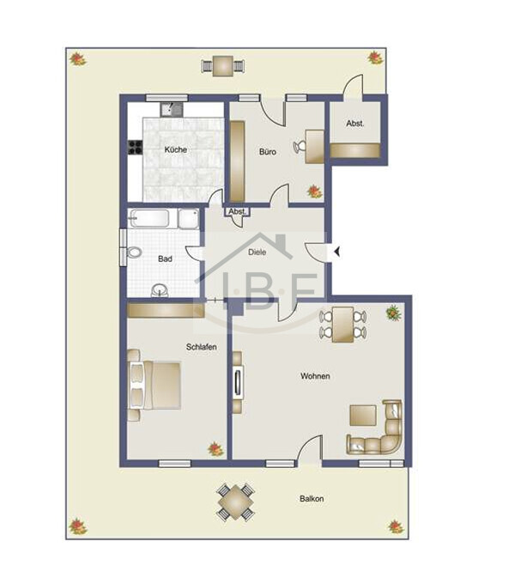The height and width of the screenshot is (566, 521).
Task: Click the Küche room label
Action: (176, 149)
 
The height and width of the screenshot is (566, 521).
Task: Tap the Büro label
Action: (268, 152)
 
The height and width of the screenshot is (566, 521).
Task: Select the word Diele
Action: (257, 253)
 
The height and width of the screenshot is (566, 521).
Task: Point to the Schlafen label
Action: (202, 347)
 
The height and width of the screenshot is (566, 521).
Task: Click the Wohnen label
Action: (315, 376)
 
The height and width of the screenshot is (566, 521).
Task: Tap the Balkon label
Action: (312, 499)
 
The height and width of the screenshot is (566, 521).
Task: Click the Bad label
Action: (165, 259)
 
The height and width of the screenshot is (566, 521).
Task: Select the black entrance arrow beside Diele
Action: (337, 252)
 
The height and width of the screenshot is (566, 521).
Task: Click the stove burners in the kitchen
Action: (136, 147)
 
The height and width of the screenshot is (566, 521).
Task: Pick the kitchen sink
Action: (172, 110)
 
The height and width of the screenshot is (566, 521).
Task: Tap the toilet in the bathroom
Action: (134, 253)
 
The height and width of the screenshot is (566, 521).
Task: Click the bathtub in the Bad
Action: (149, 218)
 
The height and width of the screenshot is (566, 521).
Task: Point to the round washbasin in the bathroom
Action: (160, 289)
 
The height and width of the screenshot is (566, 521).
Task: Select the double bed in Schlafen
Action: (154, 386)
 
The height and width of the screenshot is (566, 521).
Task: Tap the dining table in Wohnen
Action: (342, 325)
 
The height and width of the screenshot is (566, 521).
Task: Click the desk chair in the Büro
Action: (300, 147)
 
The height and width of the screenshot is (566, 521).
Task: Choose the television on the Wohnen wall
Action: (238, 382)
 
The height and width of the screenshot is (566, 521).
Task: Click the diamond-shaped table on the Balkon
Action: (235, 502)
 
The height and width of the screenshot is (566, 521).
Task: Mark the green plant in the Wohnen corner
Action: (394, 313)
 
